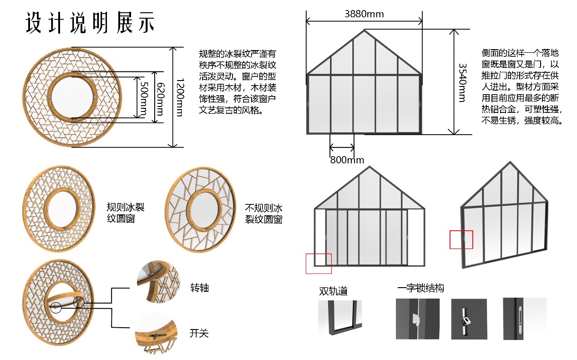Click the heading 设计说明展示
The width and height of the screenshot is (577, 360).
[x=90, y=22]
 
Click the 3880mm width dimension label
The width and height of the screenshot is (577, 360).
[x=364, y=14]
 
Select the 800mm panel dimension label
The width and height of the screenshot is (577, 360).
[x=347, y=160]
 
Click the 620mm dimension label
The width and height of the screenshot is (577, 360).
[x=160, y=97]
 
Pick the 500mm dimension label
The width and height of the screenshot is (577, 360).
[x=144, y=97]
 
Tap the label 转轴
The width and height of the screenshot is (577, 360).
[x=199, y=288]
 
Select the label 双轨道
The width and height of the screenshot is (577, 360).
[x=333, y=291]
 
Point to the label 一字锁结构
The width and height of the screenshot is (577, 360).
[x=420, y=288]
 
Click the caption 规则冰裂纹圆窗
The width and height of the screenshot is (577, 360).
[x=126, y=213]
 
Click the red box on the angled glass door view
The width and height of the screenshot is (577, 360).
[x=461, y=239]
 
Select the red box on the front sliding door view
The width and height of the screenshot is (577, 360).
[x=319, y=264]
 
